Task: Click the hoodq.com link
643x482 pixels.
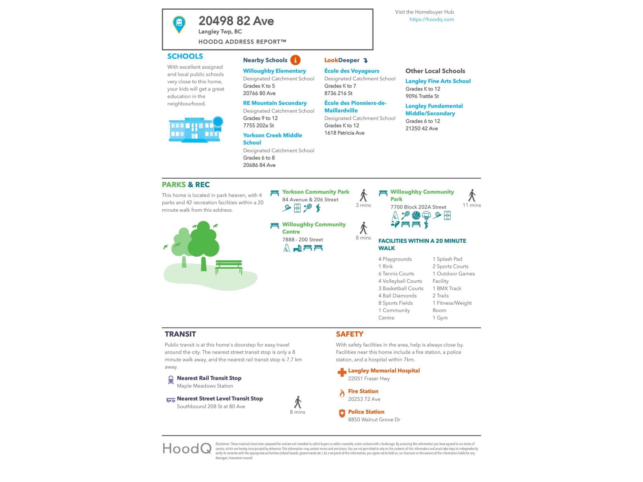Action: coord(432,19)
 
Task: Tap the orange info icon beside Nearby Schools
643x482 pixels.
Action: coord(295,60)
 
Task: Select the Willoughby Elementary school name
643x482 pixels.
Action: coord(274,71)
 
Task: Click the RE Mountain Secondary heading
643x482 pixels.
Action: coord(274,103)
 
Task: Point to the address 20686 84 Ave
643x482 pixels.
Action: coord(259,165)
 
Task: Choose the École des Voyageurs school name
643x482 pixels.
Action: coord(352,71)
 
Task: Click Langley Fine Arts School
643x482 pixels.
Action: coord(438,81)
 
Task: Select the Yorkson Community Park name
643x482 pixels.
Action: coord(315,192)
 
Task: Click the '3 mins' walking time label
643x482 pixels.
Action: coord(363,205)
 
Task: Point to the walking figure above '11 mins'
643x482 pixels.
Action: coord(472,195)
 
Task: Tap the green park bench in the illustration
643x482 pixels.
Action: coord(229,266)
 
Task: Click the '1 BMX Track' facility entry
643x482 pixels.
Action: coord(446,288)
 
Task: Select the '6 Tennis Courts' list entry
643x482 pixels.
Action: coord(396,274)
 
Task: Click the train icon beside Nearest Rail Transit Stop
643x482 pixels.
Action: coord(171,380)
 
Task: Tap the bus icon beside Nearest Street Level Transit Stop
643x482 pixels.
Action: coord(171,400)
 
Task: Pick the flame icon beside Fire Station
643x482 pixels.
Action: coord(342,393)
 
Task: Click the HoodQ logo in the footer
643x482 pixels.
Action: coord(187,448)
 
